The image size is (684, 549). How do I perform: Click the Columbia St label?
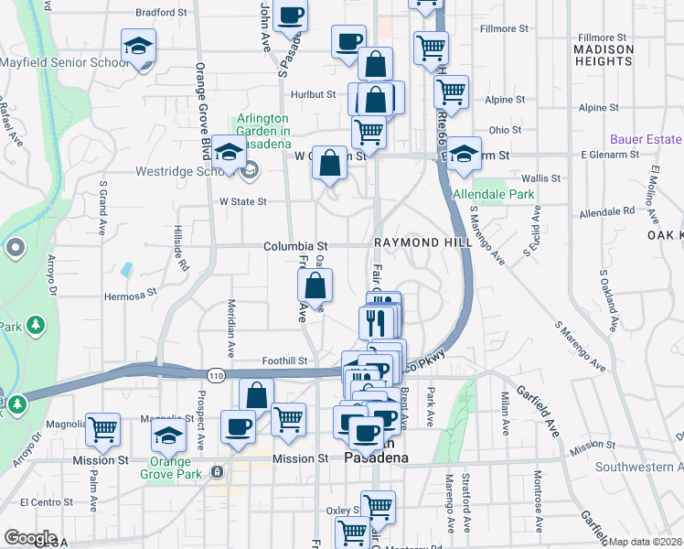click(x=295, y=247)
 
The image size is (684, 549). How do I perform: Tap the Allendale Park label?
click(x=493, y=195)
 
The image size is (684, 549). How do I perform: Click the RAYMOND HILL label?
click(x=422, y=242)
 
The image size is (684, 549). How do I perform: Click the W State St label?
click(x=242, y=201)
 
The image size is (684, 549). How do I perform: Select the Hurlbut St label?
click(x=315, y=94)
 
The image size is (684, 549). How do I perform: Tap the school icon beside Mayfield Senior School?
click(x=138, y=46)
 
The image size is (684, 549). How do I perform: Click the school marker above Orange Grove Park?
click(x=169, y=437)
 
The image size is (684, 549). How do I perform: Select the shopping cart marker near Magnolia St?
click(x=102, y=428)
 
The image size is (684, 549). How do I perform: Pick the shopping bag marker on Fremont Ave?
click(x=315, y=285)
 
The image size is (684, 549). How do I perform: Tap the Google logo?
click(x=30, y=538)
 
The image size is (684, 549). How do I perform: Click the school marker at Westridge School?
click(x=229, y=152)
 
